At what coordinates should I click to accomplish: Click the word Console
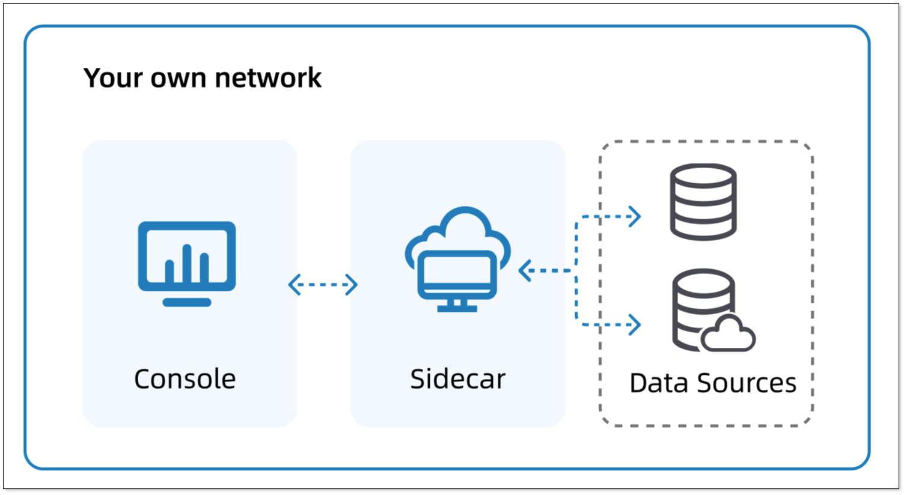tap(185, 379)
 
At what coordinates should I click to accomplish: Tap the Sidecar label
tap(457, 379)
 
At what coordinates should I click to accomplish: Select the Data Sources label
tap(713, 383)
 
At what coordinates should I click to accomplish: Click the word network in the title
tap(268, 78)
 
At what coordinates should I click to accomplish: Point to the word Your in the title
tap(112, 78)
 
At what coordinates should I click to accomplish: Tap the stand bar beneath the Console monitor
tap(187, 302)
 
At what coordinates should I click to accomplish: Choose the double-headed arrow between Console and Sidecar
tap(323, 285)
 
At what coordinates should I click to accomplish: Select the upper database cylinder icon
tap(703, 202)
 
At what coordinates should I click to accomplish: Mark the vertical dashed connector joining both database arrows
tap(576, 271)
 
